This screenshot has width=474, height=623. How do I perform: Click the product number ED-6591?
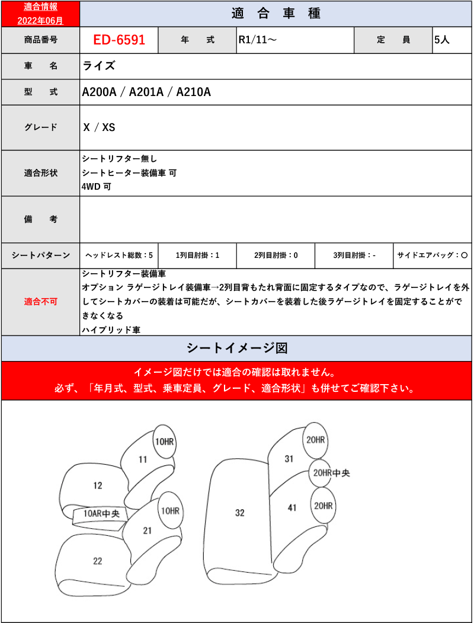coord(118,40)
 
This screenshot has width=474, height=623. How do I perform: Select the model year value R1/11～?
coord(257,40)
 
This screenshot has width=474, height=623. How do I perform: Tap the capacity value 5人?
coord(442,40)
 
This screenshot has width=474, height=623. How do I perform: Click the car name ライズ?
coord(99,66)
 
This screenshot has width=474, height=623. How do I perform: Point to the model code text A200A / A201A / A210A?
coord(146,92)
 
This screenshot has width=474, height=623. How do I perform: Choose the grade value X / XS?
coord(99,127)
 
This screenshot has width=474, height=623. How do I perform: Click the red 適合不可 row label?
coord(41,302)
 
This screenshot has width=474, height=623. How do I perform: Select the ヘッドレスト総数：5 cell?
coord(119,255)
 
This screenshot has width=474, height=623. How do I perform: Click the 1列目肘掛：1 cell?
coord(198,255)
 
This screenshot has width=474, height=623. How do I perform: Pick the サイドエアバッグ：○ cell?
coord(433,255)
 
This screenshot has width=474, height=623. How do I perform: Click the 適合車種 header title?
coord(276,14)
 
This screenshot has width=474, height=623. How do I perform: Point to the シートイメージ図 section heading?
coord(237,348)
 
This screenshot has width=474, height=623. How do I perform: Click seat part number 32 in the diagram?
coord(239,513)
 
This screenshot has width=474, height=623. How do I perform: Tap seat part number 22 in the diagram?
coord(98,561)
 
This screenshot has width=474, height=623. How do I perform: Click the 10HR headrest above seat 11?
coord(165,442)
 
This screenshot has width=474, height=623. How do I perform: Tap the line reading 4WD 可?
coord(97,187)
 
